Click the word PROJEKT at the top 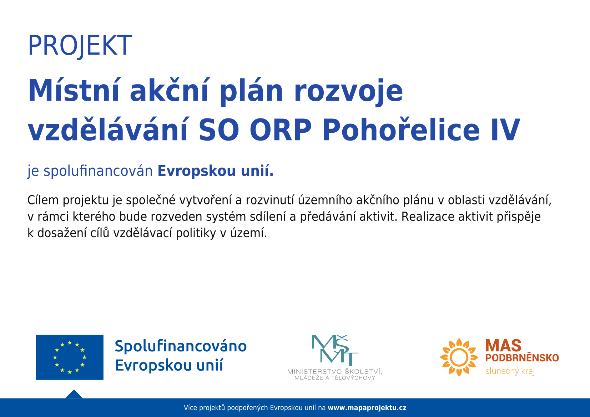pos(80,46)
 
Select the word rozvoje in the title pos(348,92)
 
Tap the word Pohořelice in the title pos(400,129)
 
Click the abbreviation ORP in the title pos(281,130)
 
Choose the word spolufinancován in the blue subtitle pos(98,171)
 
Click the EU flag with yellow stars pos(70,357)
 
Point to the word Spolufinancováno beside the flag pos(181,346)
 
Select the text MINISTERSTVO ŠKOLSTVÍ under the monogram pos(334,371)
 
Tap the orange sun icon pos(459,357)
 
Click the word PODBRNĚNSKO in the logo pos(522,358)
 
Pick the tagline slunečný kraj pos(510,371)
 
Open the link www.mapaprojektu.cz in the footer pos(367,408)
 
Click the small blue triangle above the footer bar pos(74,395)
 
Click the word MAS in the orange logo pos(503,346)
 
